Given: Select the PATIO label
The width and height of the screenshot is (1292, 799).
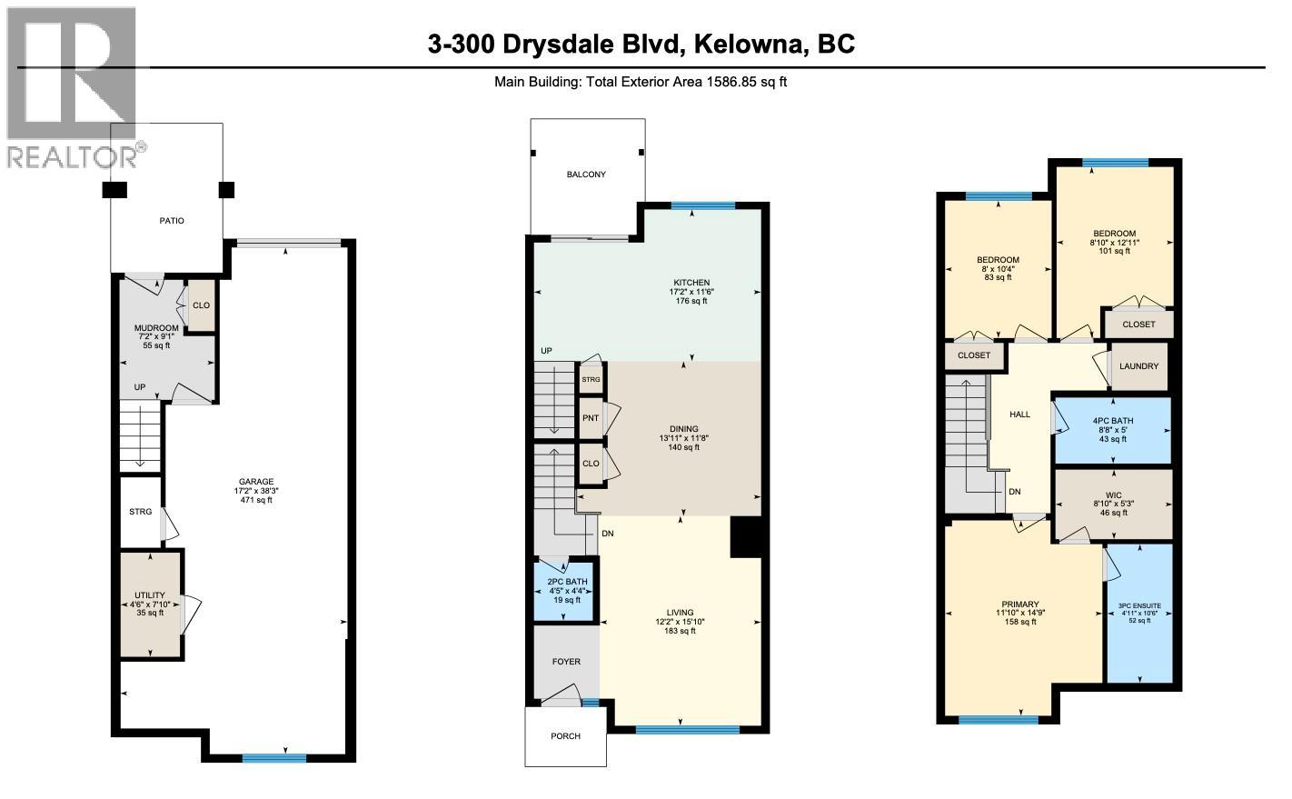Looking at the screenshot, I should [x=172, y=221].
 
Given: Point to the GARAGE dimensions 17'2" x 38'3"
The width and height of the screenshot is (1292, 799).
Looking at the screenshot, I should [x=256, y=491].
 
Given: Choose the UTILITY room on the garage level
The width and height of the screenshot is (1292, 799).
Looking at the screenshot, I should [x=150, y=603].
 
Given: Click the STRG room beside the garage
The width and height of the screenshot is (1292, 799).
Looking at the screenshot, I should [x=140, y=512].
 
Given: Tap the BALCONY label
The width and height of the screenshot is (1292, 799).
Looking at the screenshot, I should [x=586, y=175].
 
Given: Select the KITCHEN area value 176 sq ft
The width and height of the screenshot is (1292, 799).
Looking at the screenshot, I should [x=691, y=301].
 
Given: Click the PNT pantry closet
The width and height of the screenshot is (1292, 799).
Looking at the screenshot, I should [x=591, y=418].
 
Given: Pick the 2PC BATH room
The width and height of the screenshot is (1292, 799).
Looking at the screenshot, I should [x=567, y=590].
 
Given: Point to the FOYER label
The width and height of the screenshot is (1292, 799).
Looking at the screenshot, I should [x=566, y=662].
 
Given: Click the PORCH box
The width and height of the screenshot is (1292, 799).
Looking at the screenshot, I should [x=565, y=736].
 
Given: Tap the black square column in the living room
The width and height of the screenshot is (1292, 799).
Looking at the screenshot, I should [x=745, y=535].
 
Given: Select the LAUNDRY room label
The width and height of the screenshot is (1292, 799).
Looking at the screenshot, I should [x=1138, y=366].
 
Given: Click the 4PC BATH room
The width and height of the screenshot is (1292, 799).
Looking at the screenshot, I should [x=1113, y=429].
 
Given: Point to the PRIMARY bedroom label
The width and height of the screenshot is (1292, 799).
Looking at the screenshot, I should [x=1019, y=604].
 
